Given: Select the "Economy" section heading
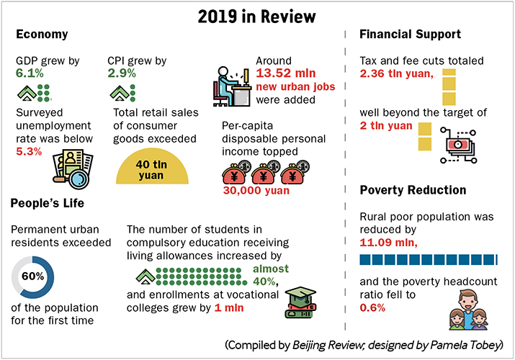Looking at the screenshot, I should click(x=42, y=35).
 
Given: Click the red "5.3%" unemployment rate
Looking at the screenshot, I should click(x=28, y=151).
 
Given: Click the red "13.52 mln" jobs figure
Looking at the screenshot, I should click(x=285, y=73).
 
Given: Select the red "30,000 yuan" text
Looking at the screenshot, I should click(x=255, y=191).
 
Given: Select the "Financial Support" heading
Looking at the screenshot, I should click(x=411, y=35).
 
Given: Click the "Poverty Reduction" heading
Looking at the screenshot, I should click(x=413, y=190).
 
